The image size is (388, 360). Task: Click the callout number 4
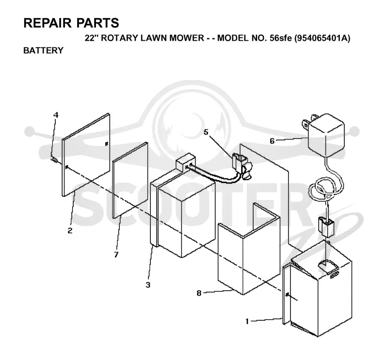pyautogui.click(x=56, y=115)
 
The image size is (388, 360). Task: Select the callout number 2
pyautogui.click(x=70, y=231)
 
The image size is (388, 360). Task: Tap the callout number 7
pyautogui.click(x=116, y=254)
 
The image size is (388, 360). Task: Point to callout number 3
pyautogui.click(x=148, y=285)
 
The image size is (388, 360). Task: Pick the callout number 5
pyautogui.click(x=206, y=132)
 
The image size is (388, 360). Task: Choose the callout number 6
pyautogui.click(x=272, y=141)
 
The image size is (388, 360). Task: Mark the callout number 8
pyautogui.click(x=199, y=293)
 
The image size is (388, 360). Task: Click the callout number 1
pyautogui.click(x=247, y=321)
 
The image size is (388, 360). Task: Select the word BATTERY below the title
pyautogui.click(x=43, y=50)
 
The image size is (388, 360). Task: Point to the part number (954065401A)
pyautogui.click(x=323, y=38)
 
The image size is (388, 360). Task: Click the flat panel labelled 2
pyautogui.click(x=86, y=155)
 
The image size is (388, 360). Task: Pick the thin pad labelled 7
pyautogui.click(x=130, y=180)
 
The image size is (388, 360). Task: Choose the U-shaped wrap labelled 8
pyautogui.click(x=249, y=249)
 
